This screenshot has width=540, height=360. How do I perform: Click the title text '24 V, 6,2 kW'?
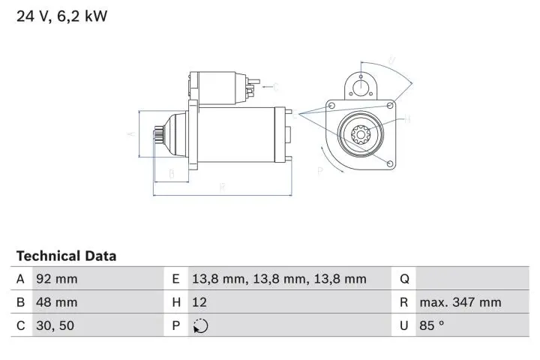pos(62,16)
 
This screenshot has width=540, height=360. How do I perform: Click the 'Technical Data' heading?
pos(66,256)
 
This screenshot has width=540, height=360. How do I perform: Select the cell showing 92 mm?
pos(56,279)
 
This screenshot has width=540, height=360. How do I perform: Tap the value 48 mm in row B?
pos(56,302)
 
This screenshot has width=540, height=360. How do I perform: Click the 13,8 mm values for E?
pos(279,279)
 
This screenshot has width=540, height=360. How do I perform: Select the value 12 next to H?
pos(199,302)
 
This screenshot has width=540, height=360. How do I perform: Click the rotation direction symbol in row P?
pos(200,325)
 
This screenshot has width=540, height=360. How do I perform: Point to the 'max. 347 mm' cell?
pos(460,302)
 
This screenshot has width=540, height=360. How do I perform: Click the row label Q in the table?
pos(404,279)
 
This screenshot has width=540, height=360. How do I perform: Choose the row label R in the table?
pos(404,302)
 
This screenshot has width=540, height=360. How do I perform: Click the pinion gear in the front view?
pos(358,136)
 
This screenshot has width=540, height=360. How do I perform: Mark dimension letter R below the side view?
pos(223,187)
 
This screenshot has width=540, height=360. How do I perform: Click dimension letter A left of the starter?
pos(129,135)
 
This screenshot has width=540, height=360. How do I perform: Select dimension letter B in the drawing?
pos(171,174)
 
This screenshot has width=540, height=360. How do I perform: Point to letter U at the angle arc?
pos(391,61)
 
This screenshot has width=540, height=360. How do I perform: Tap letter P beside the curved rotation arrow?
pos(319,171)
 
